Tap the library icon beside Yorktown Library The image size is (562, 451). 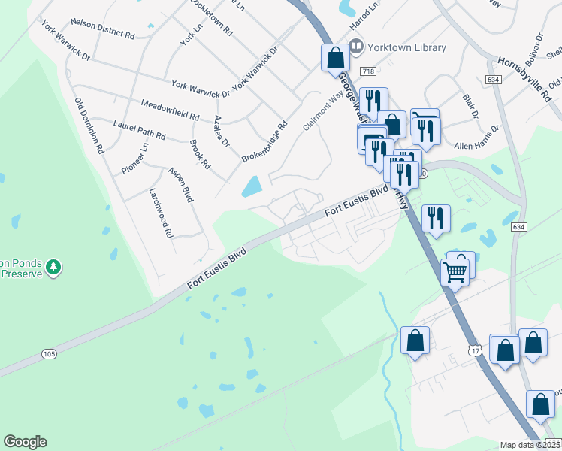[x=356, y=47]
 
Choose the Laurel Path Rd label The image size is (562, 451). [x=139, y=129]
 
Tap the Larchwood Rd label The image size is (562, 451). [x=161, y=214]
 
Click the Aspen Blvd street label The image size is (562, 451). [x=180, y=184]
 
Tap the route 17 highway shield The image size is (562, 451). [x=474, y=350]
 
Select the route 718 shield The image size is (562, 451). [x=367, y=71]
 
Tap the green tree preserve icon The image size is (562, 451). [x=53, y=267]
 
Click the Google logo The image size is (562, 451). [x=25, y=442]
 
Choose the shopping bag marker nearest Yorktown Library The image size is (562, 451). [x=334, y=57]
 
